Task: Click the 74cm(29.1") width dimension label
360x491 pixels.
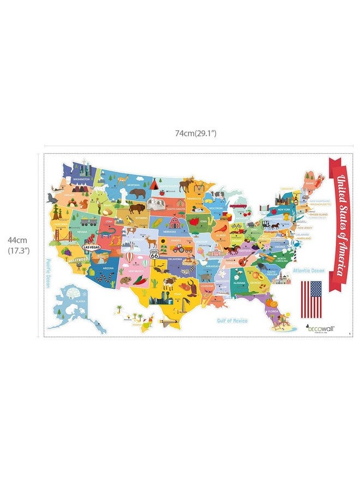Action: [196, 133]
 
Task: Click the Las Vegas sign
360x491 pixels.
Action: [91, 247]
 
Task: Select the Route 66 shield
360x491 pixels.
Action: [154, 255]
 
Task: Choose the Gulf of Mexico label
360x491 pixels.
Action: [232, 321]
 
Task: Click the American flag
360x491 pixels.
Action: [312, 299]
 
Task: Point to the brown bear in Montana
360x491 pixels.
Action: [137, 193]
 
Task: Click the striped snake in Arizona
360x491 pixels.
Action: [110, 279]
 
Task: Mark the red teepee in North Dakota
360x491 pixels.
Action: [154, 184]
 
